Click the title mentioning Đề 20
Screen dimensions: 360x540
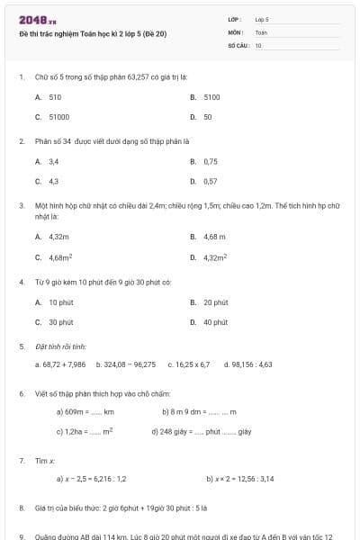[x=92, y=34]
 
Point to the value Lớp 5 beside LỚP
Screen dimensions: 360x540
[x=262, y=19]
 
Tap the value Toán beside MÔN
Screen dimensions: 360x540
[x=261, y=31]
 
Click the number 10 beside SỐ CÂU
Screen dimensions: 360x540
[x=258, y=44]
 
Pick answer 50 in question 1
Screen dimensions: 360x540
[x=208, y=117]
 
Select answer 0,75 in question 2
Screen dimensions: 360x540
[x=211, y=161]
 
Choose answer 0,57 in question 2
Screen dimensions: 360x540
[x=211, y=181]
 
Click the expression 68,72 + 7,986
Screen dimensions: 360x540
[x=61, y=364]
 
